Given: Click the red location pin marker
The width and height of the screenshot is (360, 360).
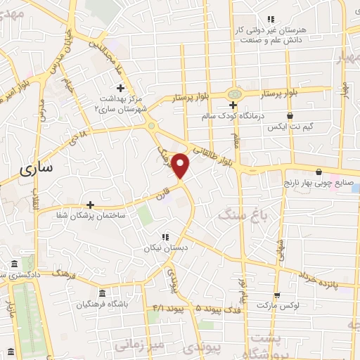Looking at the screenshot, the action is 181,166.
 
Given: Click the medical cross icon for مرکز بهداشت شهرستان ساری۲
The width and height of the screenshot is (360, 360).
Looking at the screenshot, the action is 120,89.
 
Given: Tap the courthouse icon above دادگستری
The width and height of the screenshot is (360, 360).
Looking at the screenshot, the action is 15,264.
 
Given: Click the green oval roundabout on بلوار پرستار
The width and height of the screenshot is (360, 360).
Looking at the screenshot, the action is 234,93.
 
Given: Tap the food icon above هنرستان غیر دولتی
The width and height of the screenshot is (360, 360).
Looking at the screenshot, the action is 269,20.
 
